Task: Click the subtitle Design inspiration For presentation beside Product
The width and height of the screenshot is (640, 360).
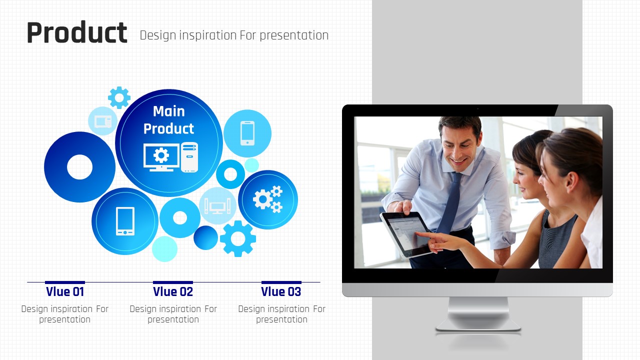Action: click(x=234, y=35)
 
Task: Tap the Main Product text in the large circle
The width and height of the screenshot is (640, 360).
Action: click(x=168, y=119)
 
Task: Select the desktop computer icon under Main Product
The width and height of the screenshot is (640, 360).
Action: click(x=170, y=157)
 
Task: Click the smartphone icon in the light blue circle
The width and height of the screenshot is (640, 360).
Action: click(x=247, y=133)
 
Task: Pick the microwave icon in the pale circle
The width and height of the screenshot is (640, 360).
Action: click(x=103, y=121)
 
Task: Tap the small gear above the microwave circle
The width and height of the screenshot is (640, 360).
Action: click(x=119, y=97)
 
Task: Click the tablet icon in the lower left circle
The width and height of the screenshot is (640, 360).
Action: click(x=125, y=221)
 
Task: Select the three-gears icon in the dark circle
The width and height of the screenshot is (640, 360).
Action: click(x=267, y=199)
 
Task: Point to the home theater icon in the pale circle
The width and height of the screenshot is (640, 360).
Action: click(x=217, y=206)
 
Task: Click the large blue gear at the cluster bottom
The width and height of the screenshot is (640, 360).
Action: click(x=237, y=238)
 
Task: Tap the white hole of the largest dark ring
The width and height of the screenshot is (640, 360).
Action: click(x=79, y=167)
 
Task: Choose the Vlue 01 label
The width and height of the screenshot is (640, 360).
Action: click(x=65, y=291)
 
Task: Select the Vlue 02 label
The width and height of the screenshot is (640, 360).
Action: click(x=173, y=291)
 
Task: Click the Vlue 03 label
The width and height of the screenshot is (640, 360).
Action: click(x=281, y=291)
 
